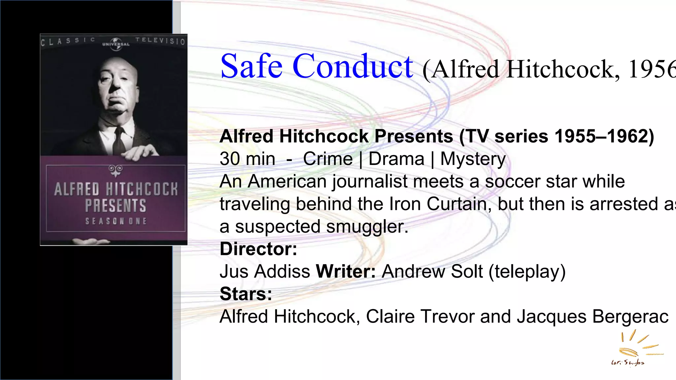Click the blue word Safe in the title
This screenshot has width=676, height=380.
(x=252, y=66)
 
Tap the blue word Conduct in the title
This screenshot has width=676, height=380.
(x=353, y=66)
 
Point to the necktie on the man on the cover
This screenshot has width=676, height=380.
(x=118, y=142)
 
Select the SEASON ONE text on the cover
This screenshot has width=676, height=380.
(x=116, y=221)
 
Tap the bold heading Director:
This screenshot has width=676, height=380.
(x=258, y=249)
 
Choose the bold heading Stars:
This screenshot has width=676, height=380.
(x=246, y=294)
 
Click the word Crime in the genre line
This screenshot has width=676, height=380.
(x=328, y=159)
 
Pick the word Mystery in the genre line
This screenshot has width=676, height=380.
(x=473, y=159)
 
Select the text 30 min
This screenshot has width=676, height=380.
(x=247, y=159)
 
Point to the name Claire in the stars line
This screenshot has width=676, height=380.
(x=390, y=317)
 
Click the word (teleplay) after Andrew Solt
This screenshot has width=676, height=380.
(x=527, y=271)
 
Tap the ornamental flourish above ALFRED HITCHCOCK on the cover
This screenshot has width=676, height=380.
(x=116, y=171)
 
